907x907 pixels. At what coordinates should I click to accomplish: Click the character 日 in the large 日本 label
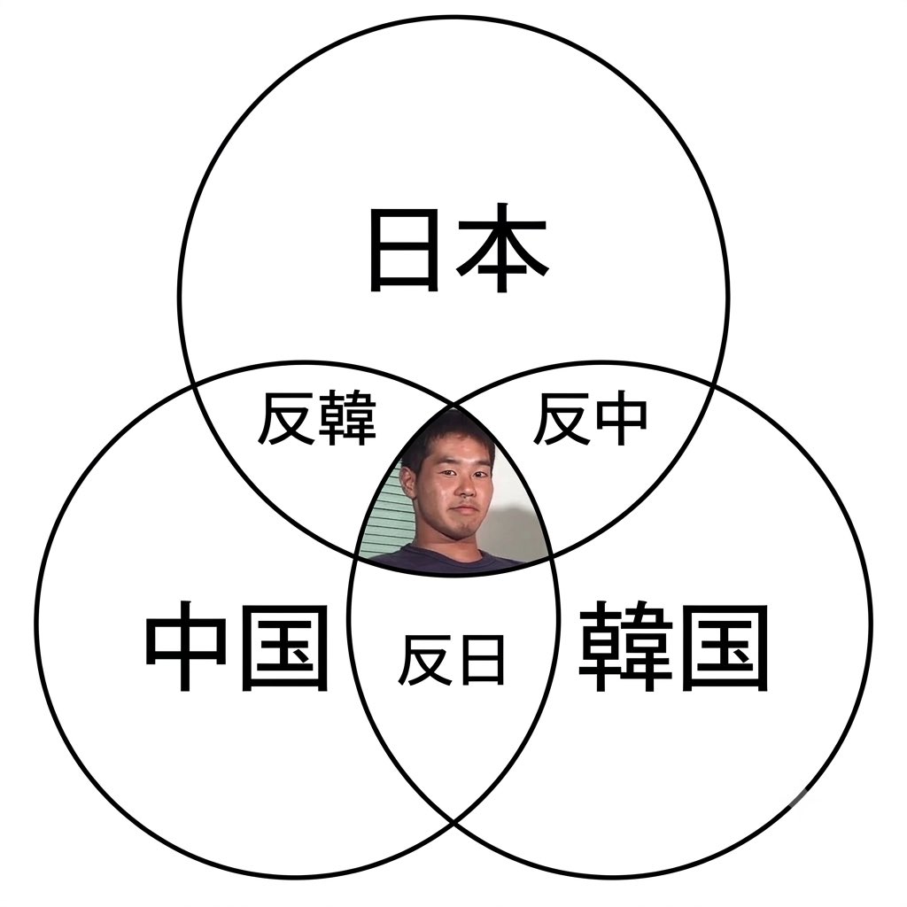pos(403,250)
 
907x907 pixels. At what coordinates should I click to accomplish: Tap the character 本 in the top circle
pos(502,248)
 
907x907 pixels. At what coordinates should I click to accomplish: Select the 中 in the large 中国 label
pos(185,645)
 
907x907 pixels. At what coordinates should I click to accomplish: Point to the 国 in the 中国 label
pos(284,647)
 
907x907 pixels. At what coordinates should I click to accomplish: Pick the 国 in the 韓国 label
pos(725,647)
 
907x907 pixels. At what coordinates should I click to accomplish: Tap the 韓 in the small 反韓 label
pos(347,418)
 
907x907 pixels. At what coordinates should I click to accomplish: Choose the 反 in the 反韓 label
pos(285,418)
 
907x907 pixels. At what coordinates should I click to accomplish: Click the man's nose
pos(464,489)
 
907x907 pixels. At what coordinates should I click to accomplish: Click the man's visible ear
pos(408,480)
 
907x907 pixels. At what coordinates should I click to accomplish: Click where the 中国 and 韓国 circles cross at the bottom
pos(453,821)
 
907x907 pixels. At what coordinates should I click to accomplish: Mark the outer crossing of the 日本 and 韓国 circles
pos(715,384)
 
